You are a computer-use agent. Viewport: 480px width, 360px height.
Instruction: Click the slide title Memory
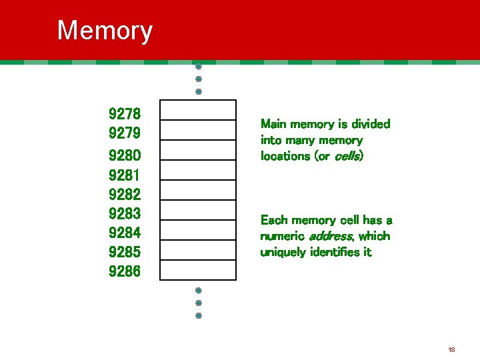105,31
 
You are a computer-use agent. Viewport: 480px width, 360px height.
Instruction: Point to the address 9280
125,155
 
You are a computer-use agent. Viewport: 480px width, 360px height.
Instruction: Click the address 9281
125,175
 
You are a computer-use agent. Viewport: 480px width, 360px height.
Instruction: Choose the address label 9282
125,195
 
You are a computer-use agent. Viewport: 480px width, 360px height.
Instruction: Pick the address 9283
125,214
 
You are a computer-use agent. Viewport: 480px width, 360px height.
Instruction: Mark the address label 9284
125,233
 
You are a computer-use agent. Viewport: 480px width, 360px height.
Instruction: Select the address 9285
125,253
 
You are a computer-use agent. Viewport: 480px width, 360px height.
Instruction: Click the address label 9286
125,272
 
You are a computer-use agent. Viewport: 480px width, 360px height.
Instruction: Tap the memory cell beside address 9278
198,110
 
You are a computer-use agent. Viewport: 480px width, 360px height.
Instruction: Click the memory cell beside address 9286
198,270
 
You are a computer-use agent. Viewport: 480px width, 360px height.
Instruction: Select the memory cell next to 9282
198,190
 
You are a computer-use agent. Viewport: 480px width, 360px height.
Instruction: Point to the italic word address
331,236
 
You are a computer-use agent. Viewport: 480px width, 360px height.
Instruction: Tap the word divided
371,124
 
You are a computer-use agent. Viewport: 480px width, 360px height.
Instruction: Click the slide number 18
451,349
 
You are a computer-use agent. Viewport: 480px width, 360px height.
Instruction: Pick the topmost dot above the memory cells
199,67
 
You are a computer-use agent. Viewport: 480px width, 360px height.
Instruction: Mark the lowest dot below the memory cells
199,315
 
